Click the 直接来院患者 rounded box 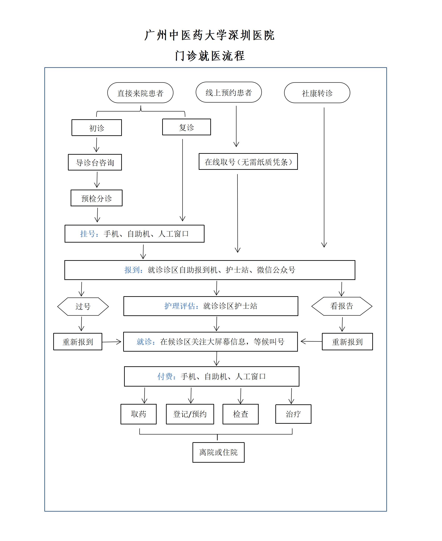(x=140, y=93)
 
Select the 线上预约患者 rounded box (x=229, y=92)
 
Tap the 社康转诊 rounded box (x=317, y=93)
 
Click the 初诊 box (x=97, y=128)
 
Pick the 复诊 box (x=186, y=127)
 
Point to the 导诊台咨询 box (x=95, y=162)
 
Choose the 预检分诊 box (x=96, y=198)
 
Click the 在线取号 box (x=248, y=162)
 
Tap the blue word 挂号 (x=87, y=234)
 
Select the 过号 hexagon (x=83, y=306)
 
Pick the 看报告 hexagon (x=342, y=306)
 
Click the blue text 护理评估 (x=180, y=306)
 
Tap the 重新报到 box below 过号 (x=78, y=342)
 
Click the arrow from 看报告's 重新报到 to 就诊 (x=311, y=341)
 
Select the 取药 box (x=139, y=414)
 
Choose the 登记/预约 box (x=190, y=414)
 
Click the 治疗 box (x=293, y=414)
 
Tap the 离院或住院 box (x=219, y=452)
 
